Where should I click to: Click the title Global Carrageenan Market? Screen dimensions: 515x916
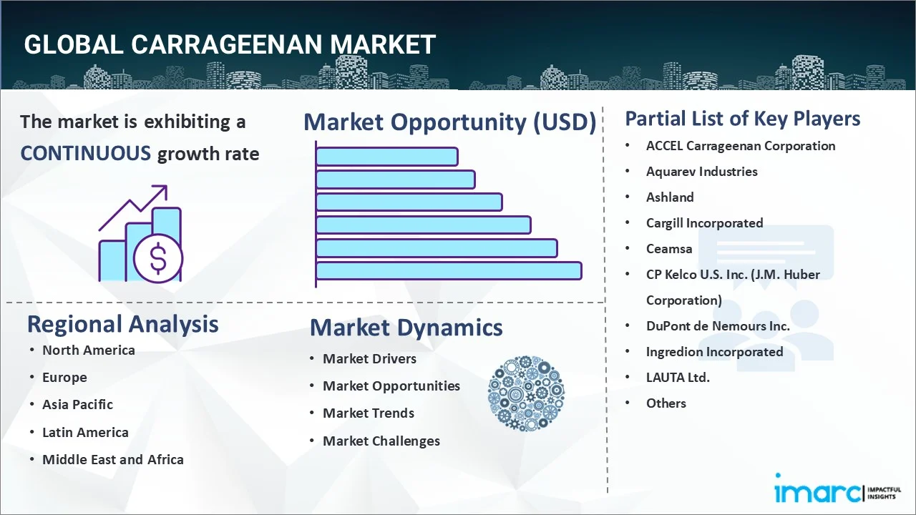pos(229,44)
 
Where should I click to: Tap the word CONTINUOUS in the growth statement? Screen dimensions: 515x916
pos(85,153)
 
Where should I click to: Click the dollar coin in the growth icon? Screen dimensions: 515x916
pos(158,258)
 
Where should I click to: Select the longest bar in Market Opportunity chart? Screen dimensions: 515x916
pos(449,270)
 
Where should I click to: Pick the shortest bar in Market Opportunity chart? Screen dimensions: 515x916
pos(386,156)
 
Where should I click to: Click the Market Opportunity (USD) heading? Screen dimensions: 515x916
pos(449,122)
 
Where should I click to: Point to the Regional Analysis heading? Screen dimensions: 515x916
pos(122,324)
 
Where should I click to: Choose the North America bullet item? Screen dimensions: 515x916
pos(88,350)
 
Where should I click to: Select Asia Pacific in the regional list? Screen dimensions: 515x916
pos(77,404)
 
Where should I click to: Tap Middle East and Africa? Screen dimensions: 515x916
pos(112,459)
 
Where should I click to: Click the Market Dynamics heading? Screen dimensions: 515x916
pos(406,328)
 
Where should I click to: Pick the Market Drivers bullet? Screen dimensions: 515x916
pos(369,358)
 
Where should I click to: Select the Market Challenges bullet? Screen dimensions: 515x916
pos(381,441)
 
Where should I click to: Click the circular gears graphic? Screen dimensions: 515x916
pos(526,394)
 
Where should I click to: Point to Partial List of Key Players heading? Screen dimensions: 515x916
pos(742,119)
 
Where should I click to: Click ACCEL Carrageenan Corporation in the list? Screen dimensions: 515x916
pos(740,146)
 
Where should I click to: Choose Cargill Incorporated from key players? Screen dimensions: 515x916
pos(704,223)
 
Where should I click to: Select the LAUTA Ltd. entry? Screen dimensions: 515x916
pos(678,377)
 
